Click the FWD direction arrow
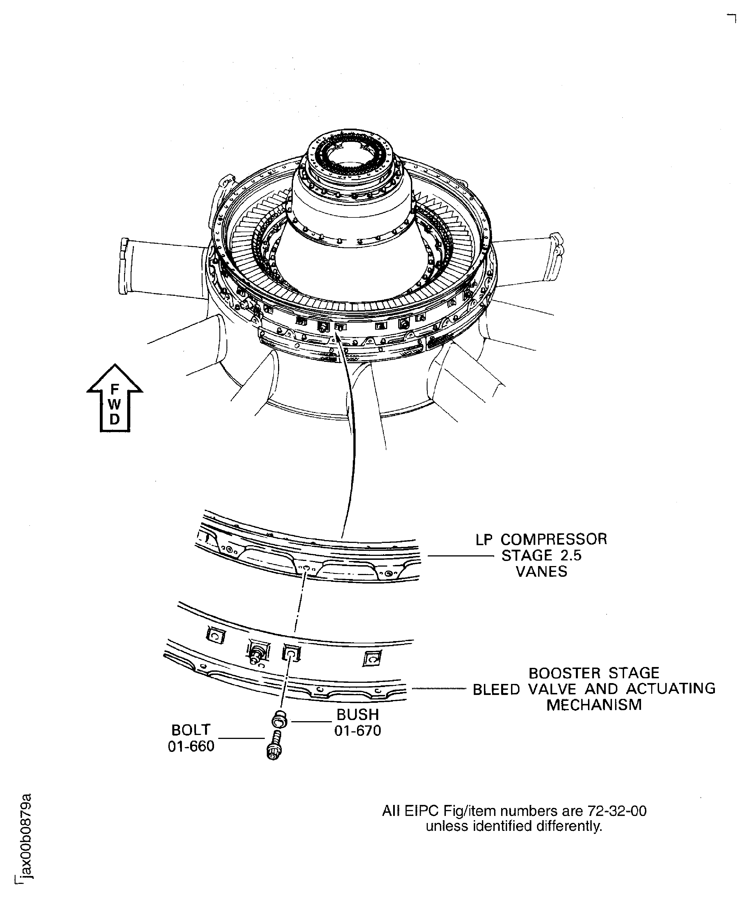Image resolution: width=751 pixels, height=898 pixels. [x=114, y=398]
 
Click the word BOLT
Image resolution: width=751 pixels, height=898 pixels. [x=191, y=730]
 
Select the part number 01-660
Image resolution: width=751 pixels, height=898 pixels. [x=191, y=746]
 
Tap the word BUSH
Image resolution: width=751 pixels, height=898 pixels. [x=358, y=715]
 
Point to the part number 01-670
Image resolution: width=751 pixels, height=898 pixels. [x=358, y=731]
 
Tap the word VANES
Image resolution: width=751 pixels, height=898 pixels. [x=541, y=572]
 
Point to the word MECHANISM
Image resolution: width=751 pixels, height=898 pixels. [x=594, y=705]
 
